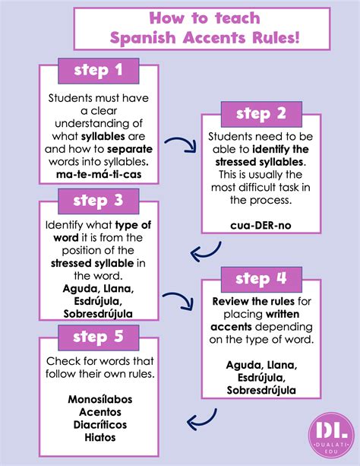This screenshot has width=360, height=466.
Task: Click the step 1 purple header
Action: pyautogui.click(x=98, y=71)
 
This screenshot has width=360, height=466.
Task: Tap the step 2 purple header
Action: pyautogui.click(x=260, y=115)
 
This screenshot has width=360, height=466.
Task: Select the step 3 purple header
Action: pyautogui.click(x=98, y=201)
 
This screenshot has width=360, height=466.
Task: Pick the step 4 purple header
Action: pyautogui.click(x=260, y=279)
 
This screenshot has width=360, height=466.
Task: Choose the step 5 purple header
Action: pyautogui.click(x=98, y=335)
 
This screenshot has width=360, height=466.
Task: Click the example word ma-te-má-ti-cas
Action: pyautogui.click(x=98, y=176)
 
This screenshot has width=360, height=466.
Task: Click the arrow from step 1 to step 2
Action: pyautogui.click(x=182, y=145)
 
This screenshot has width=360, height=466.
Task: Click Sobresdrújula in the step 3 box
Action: pyautogui.click(x=98, y=313)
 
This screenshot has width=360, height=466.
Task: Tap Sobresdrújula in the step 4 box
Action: pyautogui.click(x=260, y=391)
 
